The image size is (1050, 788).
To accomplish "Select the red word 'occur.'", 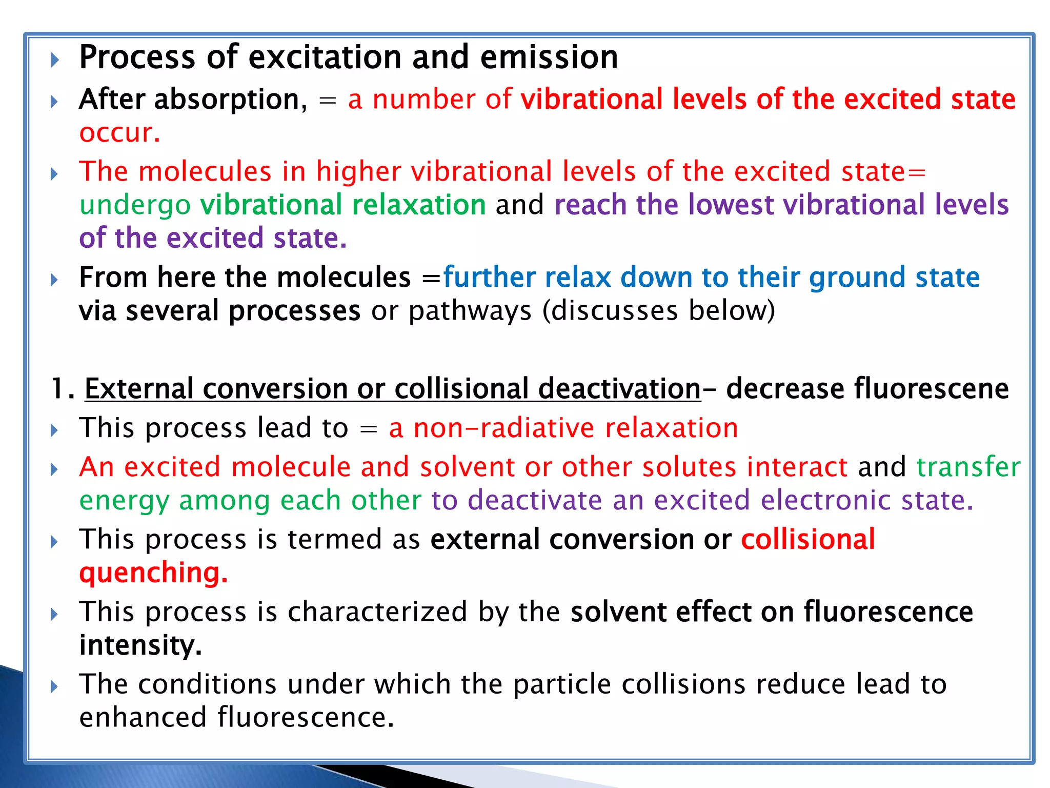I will coord(119,133).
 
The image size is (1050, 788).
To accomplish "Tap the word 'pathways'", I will coord(470,311).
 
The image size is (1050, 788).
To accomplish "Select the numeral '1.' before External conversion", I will coord(63,388).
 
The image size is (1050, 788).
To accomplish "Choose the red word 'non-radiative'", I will coord(503,428).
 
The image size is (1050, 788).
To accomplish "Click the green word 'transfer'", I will coord(968,467).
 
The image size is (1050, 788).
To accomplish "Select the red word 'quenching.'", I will coord(153,573).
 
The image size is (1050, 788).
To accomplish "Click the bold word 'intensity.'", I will coord(140,645).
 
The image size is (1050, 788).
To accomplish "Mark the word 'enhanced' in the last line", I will coord(143,717).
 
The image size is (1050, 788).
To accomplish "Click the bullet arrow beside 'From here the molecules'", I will coord(55,280).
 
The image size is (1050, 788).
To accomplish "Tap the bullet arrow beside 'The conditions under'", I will coord(55,686).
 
